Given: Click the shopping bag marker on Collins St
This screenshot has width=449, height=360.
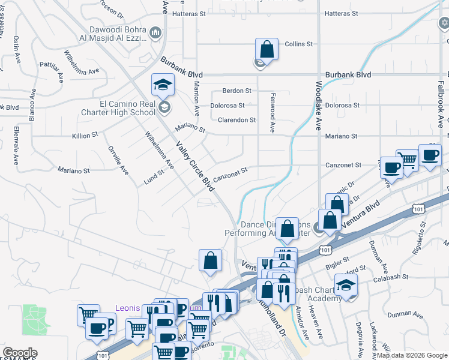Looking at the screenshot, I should tap(267, 49).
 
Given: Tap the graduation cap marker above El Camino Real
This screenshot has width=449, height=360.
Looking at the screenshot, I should tap(163, 85).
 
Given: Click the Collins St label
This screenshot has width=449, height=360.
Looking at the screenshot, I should tap(299, 44).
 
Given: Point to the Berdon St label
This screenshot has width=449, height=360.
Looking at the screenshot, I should tap(237, 91).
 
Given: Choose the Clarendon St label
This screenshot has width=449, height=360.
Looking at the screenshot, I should tap(237, 120).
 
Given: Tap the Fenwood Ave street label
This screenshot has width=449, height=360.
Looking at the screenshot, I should tap(272, 116).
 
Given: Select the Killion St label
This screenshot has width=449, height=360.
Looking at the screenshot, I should tap(85, 136).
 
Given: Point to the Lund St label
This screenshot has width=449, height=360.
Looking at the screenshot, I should tap(154, 176).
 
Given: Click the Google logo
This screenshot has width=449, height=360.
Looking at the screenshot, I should tap(20, 353).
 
